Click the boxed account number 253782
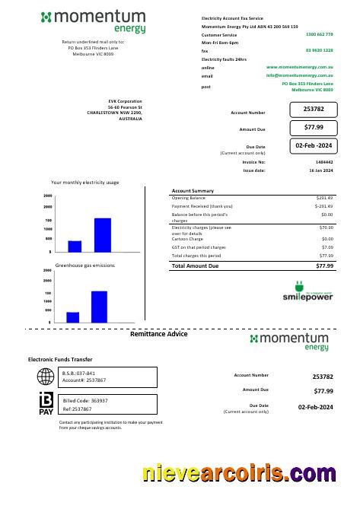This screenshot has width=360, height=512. tap(314, 110)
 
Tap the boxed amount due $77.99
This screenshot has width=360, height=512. tap(314, 127)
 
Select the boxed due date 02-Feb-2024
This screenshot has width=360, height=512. tap(314, 145)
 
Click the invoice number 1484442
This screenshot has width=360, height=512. tap(323, 162)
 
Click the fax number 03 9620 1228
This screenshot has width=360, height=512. tap(319, 50)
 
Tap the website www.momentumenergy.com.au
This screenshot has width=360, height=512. tap(300, 68)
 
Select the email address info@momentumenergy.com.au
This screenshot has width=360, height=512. tap(300, 76)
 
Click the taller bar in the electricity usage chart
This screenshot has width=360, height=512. tap(103, 235)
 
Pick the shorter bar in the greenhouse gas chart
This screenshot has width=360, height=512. tap(73, 317)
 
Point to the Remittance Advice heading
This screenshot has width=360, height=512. tap(158, 335)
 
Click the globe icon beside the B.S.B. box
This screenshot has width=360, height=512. tap(46, 377)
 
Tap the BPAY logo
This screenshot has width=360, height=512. tap(46, 403)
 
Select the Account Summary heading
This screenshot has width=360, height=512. tap(193, 191)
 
